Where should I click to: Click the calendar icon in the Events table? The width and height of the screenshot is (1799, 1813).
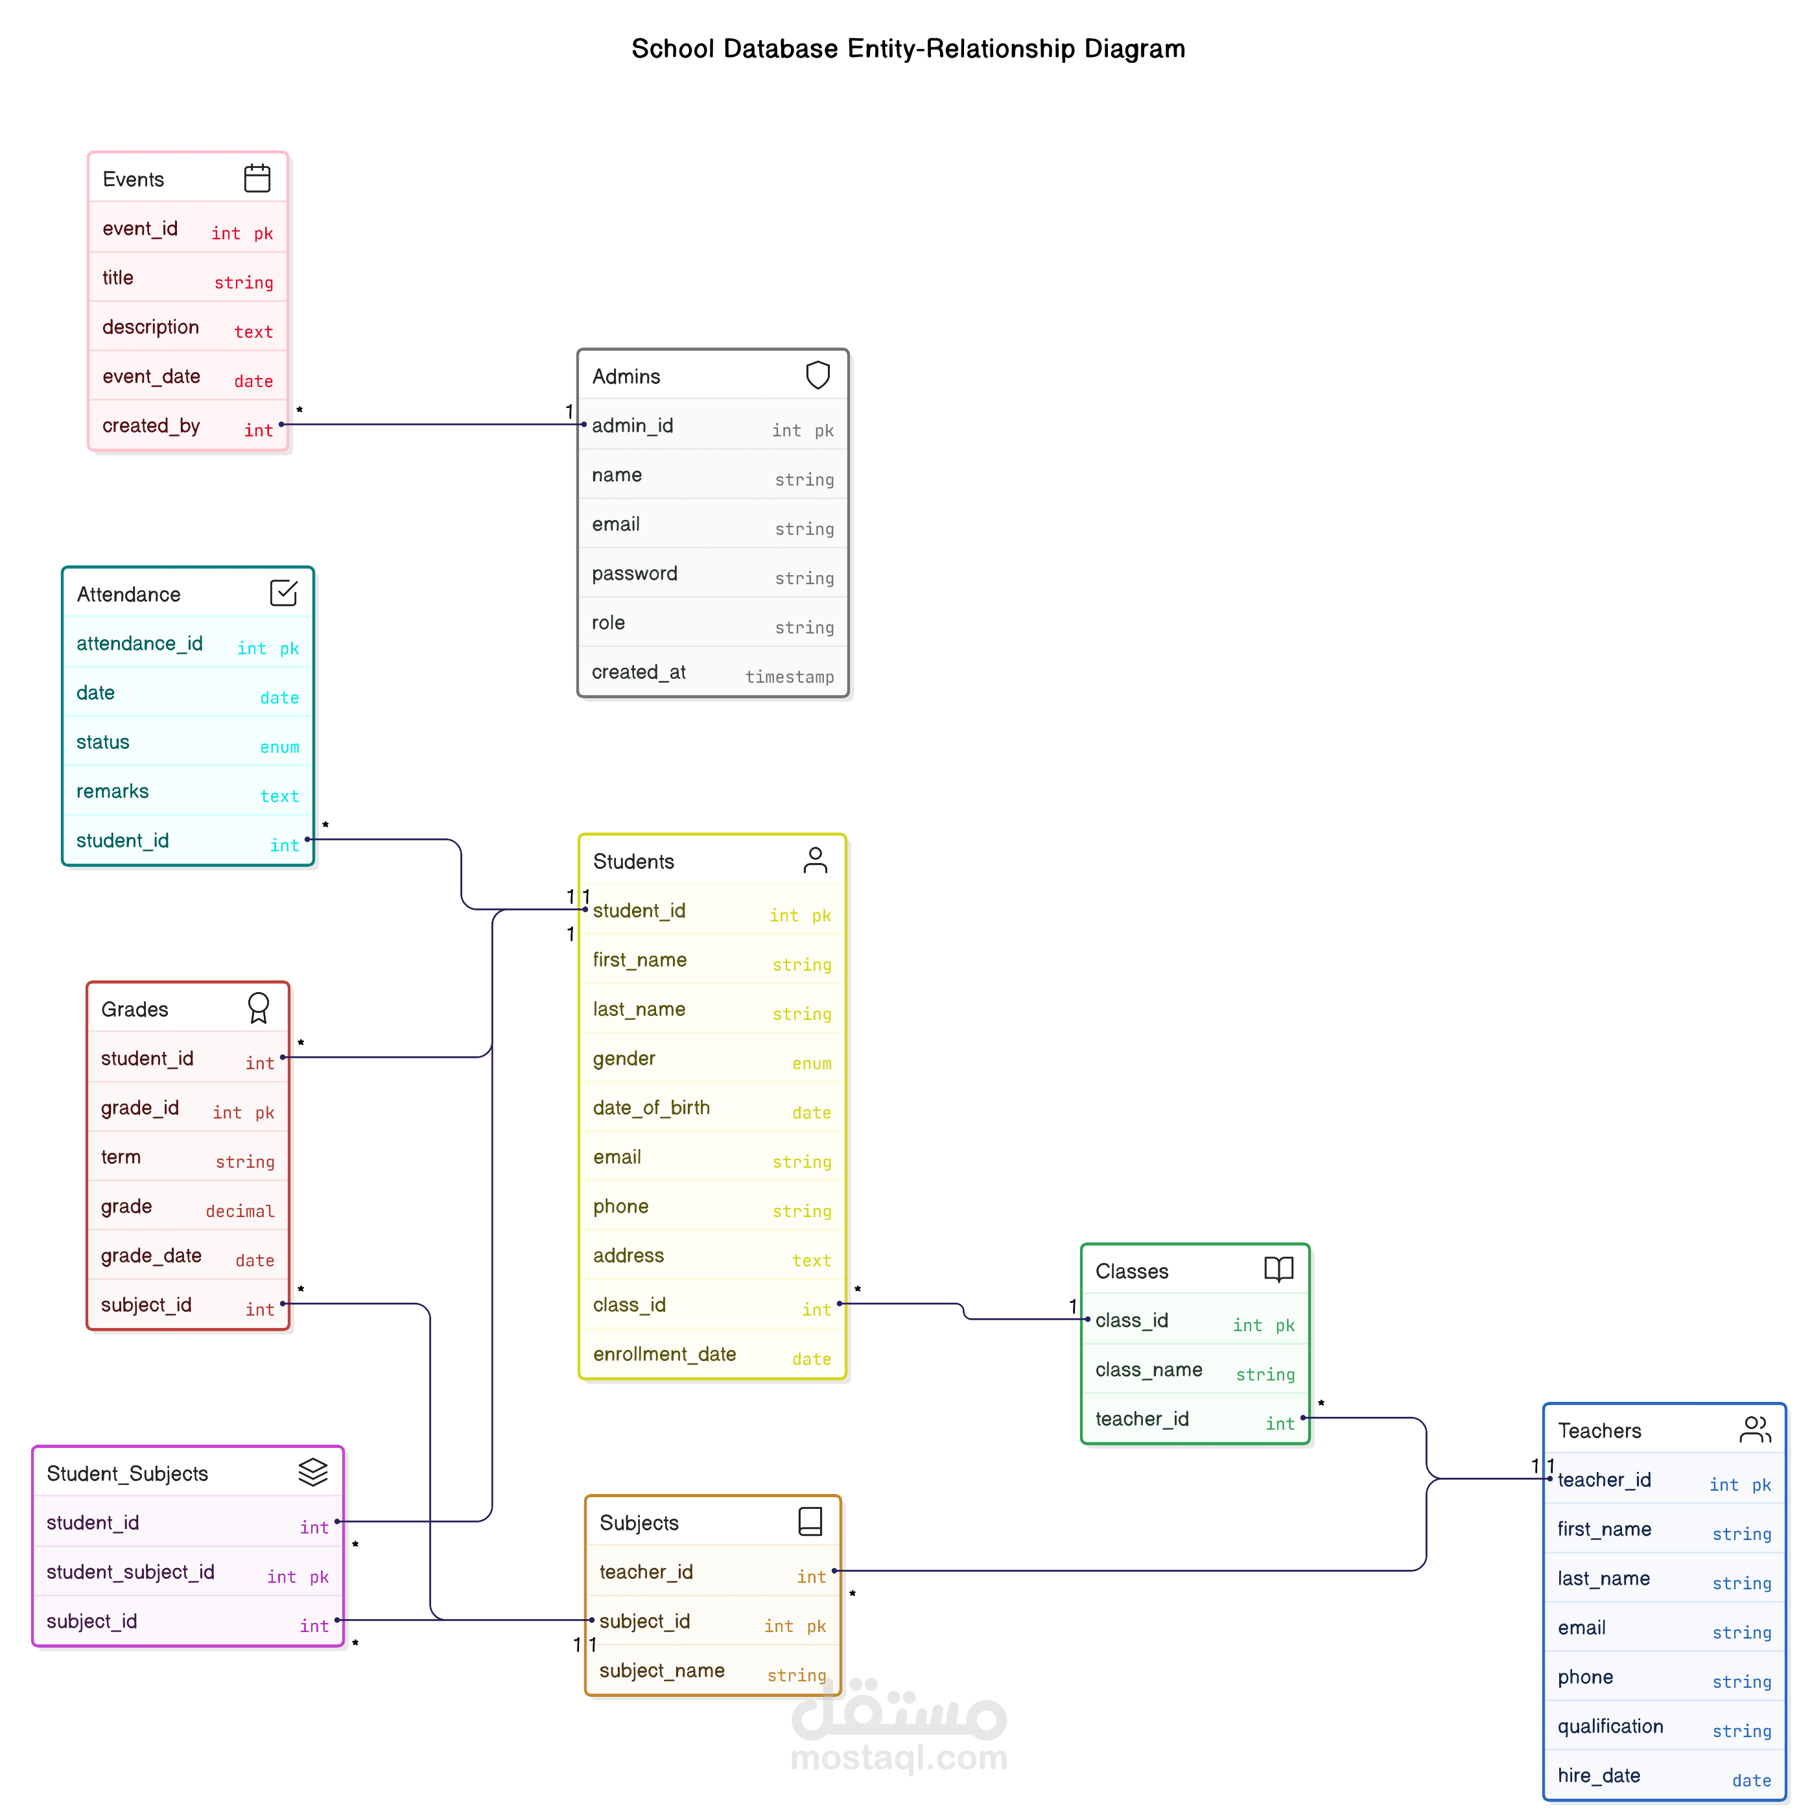click(x=257, y=178)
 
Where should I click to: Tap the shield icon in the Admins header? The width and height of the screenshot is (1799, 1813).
click(x=817, y=375)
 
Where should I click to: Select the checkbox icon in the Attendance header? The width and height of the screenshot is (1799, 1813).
click(x=283, y=593)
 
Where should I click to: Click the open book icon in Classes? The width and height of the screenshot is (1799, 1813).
click(x=1278, y=1270)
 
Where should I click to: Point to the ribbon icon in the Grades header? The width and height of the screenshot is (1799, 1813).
click(x=258, y=1008)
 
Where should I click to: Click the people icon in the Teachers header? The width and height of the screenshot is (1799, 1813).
click(x=1755, y=1429)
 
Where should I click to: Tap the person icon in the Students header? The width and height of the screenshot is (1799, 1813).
click(x=814, y=860)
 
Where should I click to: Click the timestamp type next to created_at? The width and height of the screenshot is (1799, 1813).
click(x=789, y=676)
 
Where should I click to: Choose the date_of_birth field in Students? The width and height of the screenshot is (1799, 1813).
click(x=652, y=1108)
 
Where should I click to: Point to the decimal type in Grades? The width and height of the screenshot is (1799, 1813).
click(x=241, y=1211)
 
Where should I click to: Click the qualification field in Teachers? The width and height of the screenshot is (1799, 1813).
click(x=1610, y=1727)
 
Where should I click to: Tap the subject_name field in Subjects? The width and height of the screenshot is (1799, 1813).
click(x=662, y=1671)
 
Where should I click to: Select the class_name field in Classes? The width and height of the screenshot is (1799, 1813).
click(x=1149, y=1370)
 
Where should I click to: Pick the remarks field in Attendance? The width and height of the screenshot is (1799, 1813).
click(x=113, y=791)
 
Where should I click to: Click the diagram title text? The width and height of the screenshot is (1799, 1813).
click(x=908, y=49)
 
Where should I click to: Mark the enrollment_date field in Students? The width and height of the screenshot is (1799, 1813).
click(x=664, y=1354)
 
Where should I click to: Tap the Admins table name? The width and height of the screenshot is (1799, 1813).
click(x=626, y=376)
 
